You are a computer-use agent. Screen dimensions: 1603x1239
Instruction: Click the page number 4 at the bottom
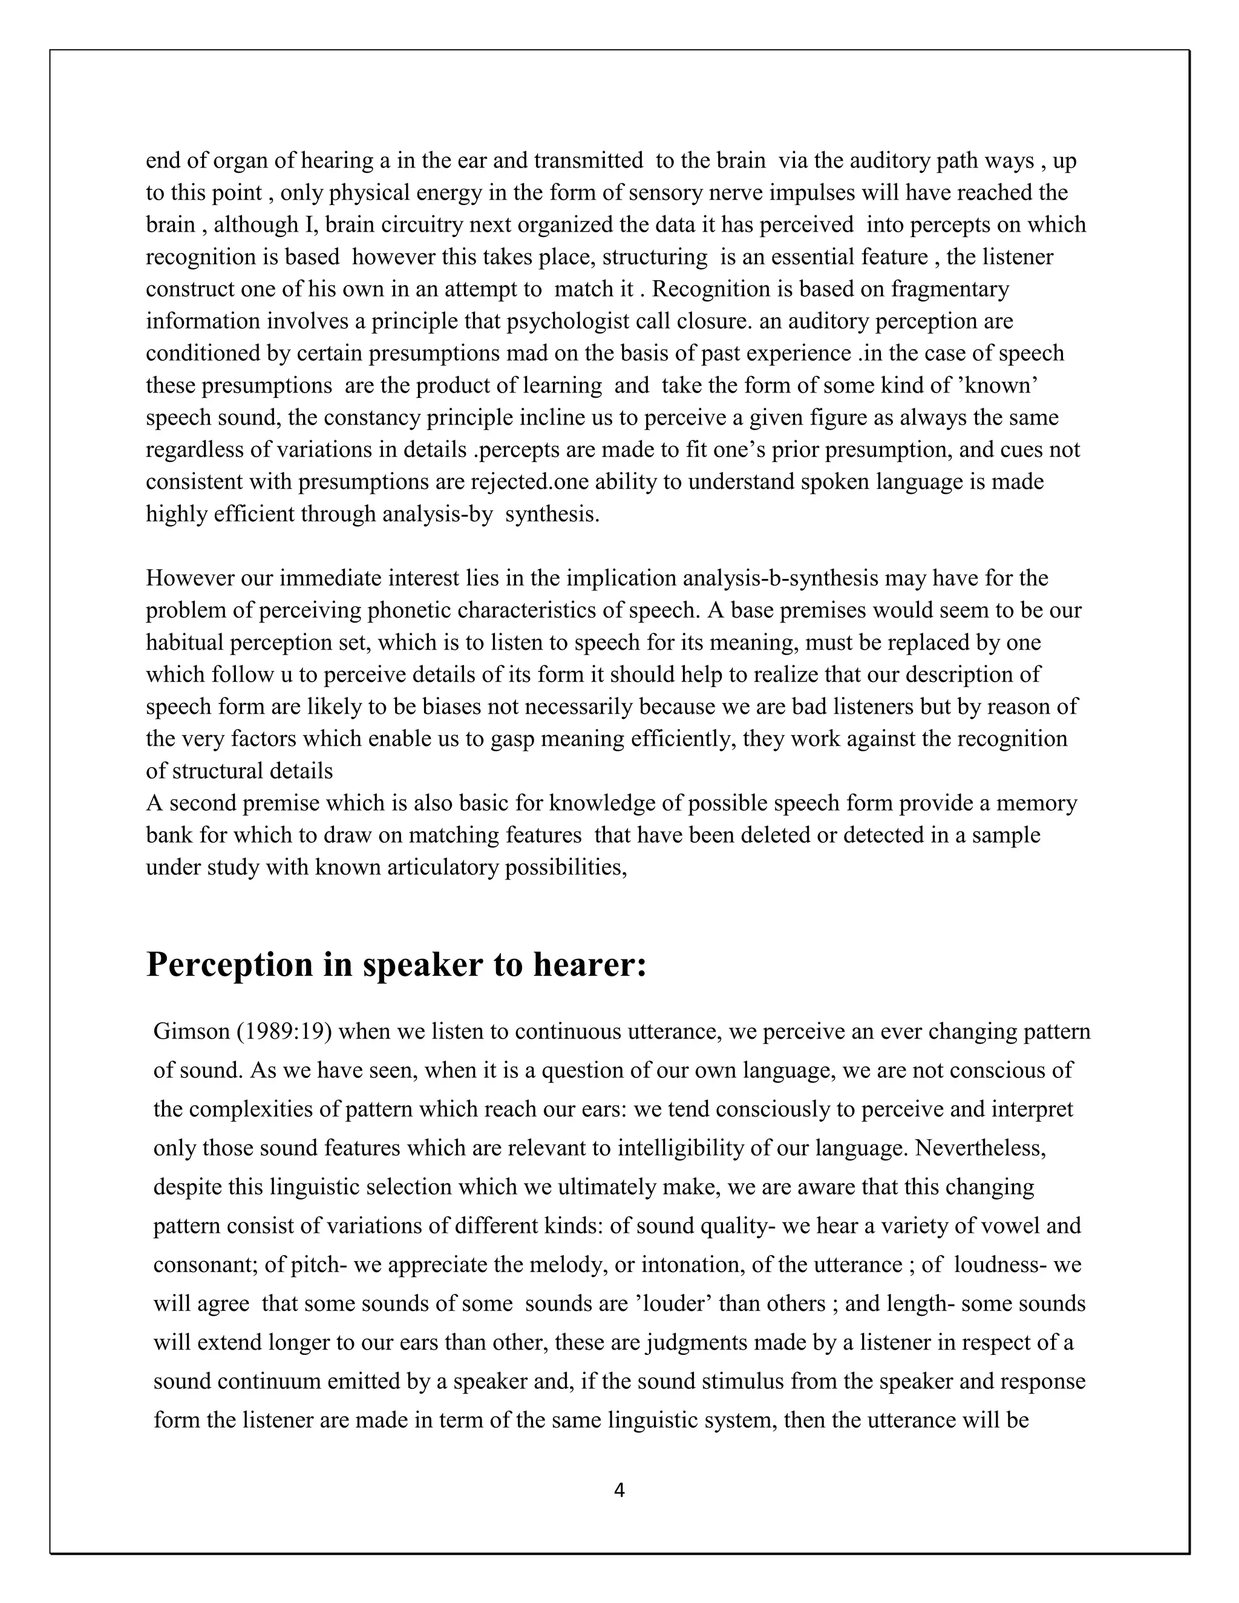pos(619,1490)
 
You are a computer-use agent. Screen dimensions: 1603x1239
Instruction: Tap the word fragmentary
pos(950,289)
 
